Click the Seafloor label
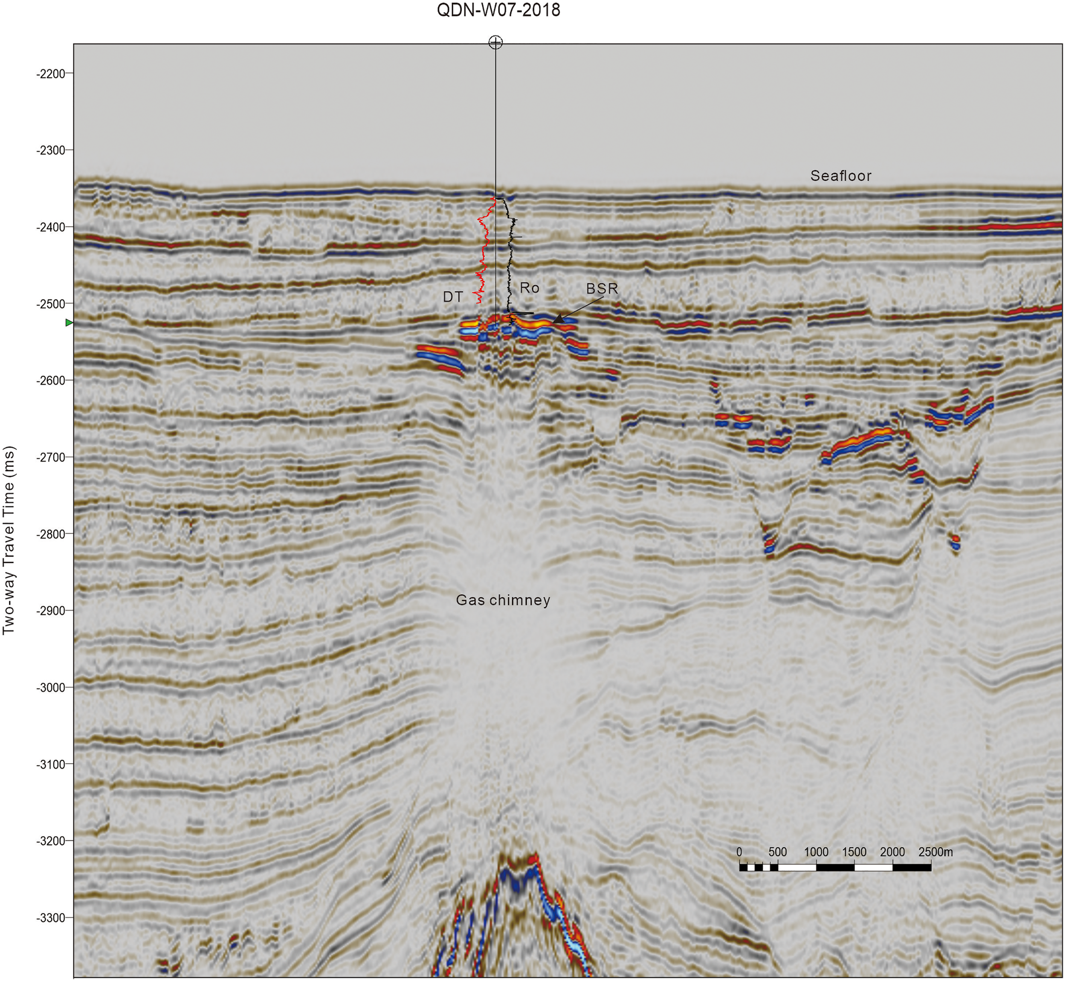tap(841, 176)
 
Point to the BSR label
tap(602, 289)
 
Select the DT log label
tap(453, 297)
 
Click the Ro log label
tap(529, 287)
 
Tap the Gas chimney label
tap(503, 600)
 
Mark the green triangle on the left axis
tap(69, 322)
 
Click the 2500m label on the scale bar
tap(935, 852)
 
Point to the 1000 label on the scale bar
tap(816, 852)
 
